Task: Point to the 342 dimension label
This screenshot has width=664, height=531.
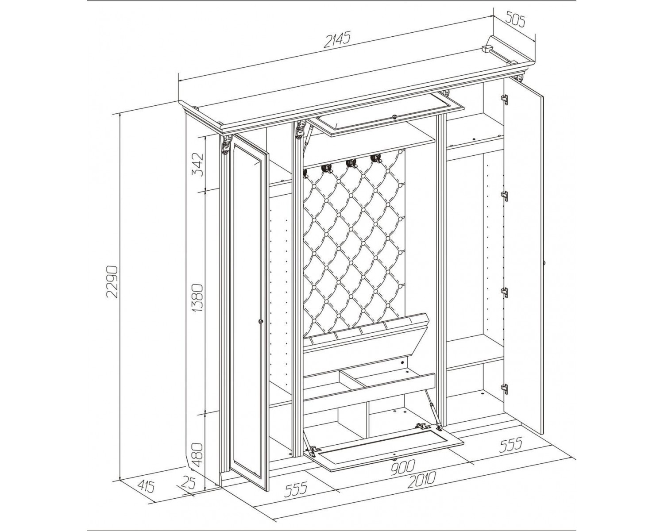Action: pyautogui.click(x=198, y=165)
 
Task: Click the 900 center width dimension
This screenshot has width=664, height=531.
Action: pyautogui.click(x=403, y=467)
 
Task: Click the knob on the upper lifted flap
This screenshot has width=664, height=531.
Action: pyautogui.click(x=394, y=116)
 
